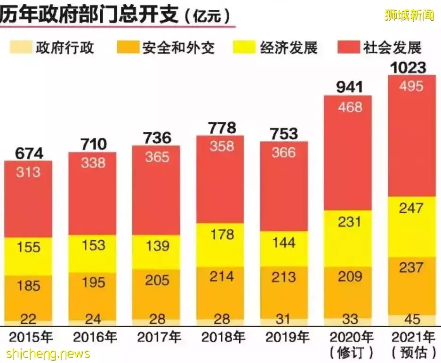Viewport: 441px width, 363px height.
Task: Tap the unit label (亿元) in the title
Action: [208, 16]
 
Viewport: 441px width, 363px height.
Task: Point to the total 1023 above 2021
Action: [408, 68]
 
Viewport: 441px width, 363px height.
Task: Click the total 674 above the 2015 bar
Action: [29, 153]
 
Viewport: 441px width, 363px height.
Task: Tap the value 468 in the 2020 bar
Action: [350, 107]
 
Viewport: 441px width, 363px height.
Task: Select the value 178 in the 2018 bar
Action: [221, 234]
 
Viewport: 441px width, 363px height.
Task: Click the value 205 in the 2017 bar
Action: [157, 281]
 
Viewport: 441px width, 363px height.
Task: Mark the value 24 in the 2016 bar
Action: [93, 319]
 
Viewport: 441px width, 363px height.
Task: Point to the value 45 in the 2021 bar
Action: [412, 319]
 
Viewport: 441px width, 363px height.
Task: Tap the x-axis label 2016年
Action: [95, 337]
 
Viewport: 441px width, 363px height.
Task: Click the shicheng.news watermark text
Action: [48, 353]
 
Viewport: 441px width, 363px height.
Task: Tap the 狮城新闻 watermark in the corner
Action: [409, 15]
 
